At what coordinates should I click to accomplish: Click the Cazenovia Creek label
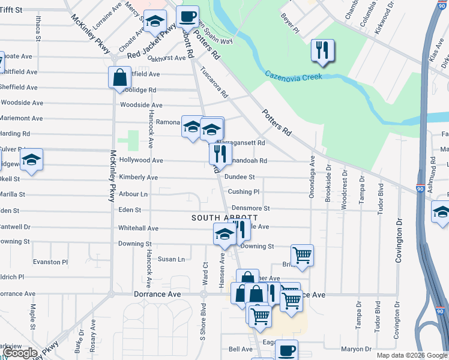coord(294,75)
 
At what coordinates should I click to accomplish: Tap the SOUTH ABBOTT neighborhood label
coord(224,218)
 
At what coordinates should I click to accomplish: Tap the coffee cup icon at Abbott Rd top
coord(187,16)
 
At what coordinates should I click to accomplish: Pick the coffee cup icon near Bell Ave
coord(286,350)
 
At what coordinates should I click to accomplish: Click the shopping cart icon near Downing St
coord(302,254)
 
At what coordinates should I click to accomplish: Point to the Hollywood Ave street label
coord(141,161)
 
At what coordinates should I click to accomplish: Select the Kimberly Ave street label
coord(138,178)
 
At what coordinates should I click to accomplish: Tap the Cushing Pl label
coord(243,192)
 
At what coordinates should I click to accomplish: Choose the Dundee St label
coord(240,177)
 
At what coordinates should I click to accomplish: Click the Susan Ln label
coord(171,259)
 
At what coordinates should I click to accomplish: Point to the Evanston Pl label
coord(50,262)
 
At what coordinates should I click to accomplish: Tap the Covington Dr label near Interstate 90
coord(399,241)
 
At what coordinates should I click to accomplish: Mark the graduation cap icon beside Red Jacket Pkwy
coord(155,22)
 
